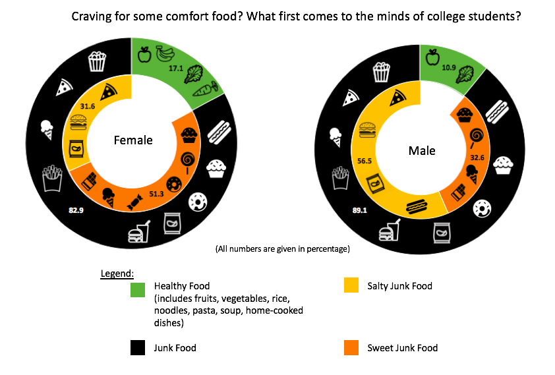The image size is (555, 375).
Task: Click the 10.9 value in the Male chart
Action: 449,67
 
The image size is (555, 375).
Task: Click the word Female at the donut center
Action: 133,140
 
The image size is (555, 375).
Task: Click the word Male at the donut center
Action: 422,151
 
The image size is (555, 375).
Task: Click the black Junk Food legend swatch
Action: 138,348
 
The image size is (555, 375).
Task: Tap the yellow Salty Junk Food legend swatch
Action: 351,286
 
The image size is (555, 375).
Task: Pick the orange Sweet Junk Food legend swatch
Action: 351,348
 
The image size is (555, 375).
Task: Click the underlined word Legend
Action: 117,273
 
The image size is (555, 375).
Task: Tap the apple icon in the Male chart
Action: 432,57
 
